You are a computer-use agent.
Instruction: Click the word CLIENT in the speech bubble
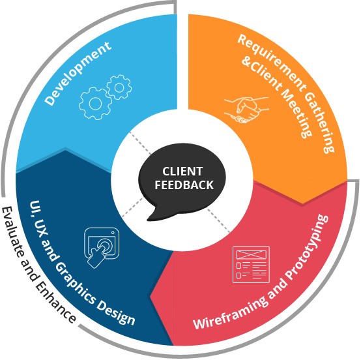click(x=182, y=172)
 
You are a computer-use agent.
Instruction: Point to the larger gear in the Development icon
click(x=91, y=103)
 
